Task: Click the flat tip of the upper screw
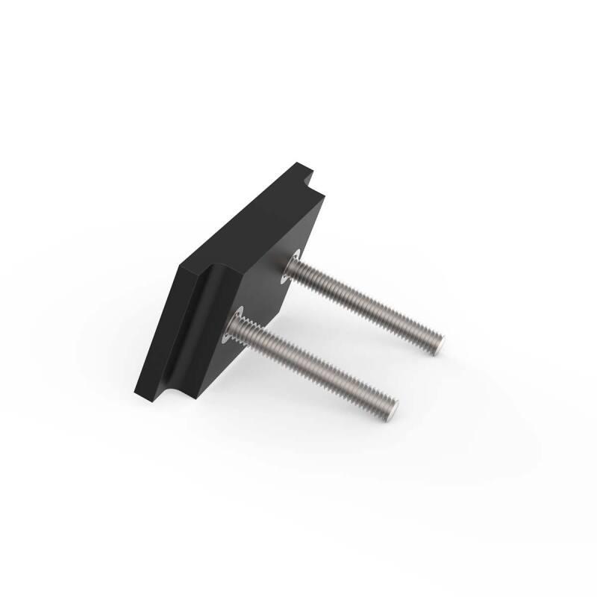click(440, 345)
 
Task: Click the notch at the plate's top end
click(307, 179)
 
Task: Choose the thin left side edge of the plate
click(157, 328)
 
